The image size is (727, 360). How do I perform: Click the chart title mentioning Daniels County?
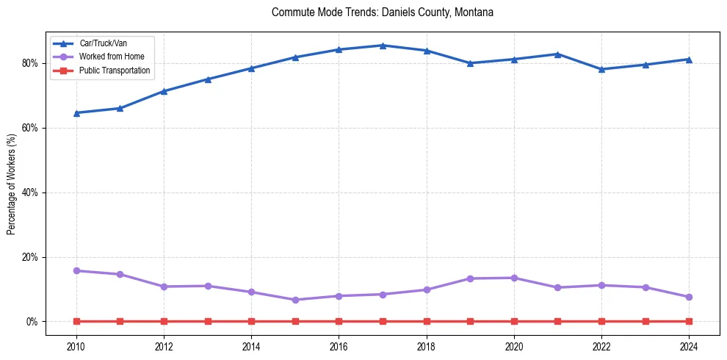pyautogui.click(x=382, y=12)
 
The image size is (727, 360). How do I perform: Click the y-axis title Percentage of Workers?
pyautogui.click(x=12, y=184)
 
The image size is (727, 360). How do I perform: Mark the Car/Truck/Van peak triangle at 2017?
pyautogui.click(x=383, y=46)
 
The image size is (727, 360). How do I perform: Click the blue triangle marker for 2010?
pyautogui.click(x=76, y=113)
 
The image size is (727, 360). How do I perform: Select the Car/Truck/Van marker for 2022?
pyautogui.click(x=601, y=69)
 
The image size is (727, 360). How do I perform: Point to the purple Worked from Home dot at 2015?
pyautogui.click(x=295, y=300)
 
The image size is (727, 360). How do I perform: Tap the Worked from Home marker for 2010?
pyautogui.click(x=76, y=270)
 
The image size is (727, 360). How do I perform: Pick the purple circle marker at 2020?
pyautogui.click(x=514, y=278)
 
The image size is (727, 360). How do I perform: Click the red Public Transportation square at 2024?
pyautogui.click(x=689, y=321)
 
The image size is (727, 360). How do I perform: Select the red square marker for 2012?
pyautogui.click(x=164, y=321)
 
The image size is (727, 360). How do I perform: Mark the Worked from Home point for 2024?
pyautogui.click(x=689, y=297)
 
